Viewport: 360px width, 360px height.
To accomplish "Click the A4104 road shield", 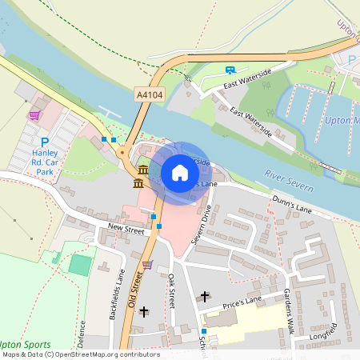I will (x=150, y=94).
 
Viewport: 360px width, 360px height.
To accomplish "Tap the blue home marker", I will (x=180, y=172).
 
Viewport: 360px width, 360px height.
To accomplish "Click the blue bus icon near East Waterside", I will (x=230, y=70).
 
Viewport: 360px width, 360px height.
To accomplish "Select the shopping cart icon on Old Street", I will (x=147, y=264).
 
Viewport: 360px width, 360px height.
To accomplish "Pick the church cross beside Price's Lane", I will (x=204, y=297).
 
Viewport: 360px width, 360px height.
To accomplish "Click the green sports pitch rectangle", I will (x=80, y=264).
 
